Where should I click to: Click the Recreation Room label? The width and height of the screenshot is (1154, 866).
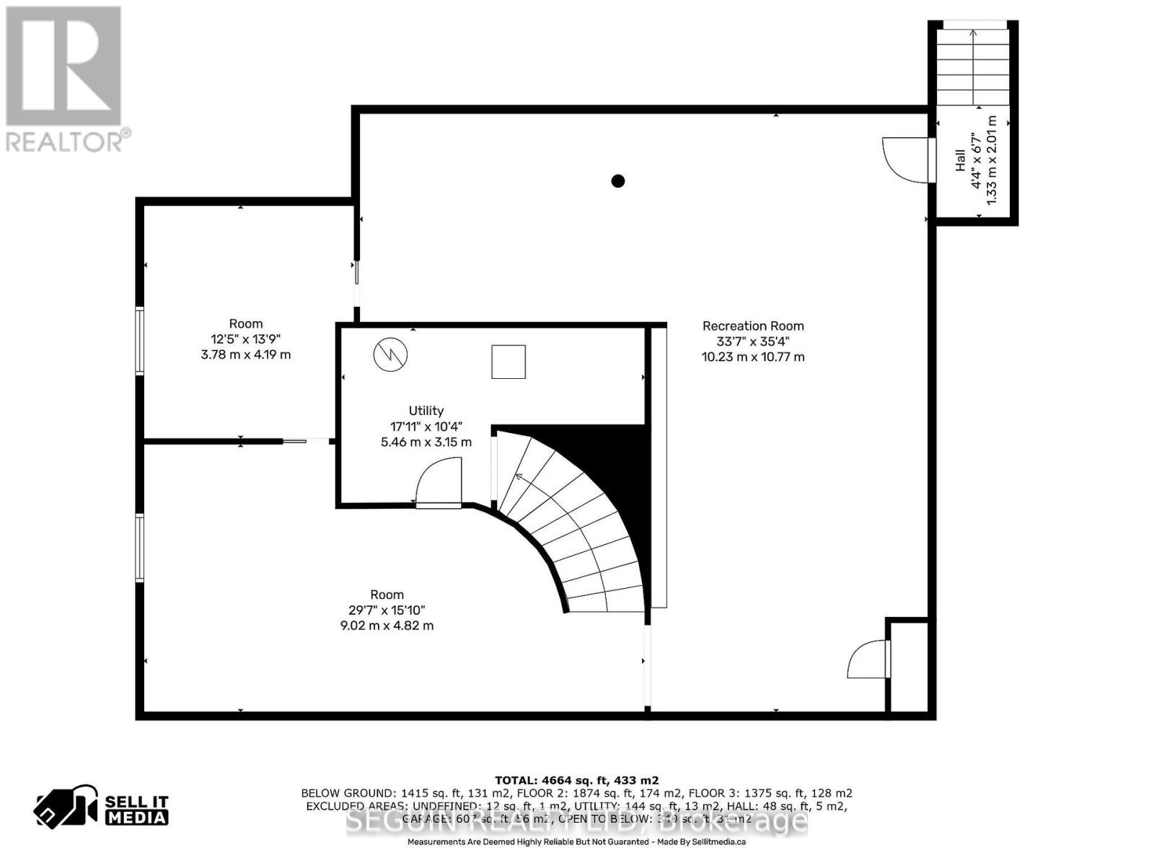click(753, 326)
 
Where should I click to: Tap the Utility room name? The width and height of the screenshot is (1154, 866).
click(426, 411)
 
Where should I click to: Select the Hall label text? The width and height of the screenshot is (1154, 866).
click(961, 160)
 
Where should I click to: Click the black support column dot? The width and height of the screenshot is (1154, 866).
click(617, 181)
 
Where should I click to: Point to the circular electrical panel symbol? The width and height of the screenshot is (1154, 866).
click(390, 354)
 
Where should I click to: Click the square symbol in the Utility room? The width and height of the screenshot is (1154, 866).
click(508, 362)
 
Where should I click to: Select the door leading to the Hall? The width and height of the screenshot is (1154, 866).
click(907, 159)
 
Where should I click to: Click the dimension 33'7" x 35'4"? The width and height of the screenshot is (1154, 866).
click(753, 341)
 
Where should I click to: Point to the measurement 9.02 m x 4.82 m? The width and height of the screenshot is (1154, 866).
click(387, 626)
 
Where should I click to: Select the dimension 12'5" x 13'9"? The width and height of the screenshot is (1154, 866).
click(246, 339)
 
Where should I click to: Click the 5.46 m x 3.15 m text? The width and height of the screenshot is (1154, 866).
click(426, 442)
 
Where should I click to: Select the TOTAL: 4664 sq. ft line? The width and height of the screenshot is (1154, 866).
click(576, 780)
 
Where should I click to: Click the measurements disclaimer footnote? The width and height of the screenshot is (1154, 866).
click(576, 841)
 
